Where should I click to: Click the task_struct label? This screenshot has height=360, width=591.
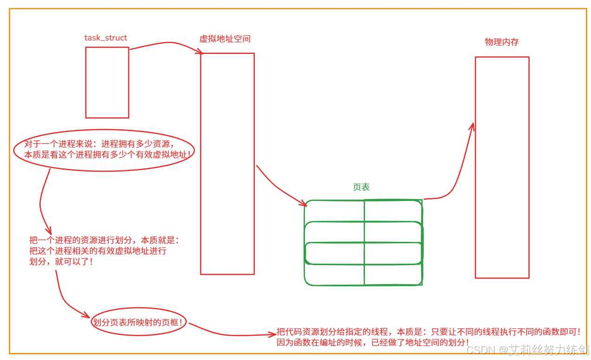[106, 38]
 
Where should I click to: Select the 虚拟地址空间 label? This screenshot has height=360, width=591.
[225, 39]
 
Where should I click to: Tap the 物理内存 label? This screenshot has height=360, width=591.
[502, 42]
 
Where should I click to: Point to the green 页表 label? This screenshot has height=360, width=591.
[361, 187]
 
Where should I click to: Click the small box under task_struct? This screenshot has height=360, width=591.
[107, 82]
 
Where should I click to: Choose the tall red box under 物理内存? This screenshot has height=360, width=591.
[502, 167]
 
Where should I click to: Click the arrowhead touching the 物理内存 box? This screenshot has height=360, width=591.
[472, 127]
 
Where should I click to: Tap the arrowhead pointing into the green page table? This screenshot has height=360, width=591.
[304, 203]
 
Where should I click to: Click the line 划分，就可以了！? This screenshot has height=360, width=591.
[61, 262]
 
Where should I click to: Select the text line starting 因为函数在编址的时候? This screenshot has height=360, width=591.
[372, 343]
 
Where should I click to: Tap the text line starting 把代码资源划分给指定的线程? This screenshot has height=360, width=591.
[428, 332]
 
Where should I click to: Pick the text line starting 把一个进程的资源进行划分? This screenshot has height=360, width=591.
[104, 240]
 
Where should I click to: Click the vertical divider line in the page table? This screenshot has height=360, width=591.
[364, 242]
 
